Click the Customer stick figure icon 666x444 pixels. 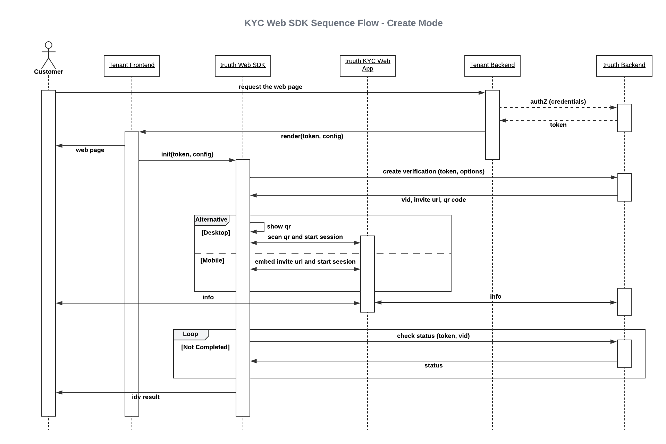click(x=49, y=55)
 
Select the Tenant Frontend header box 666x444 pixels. click(x=132, y=66)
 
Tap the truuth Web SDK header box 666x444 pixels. click(x=243, y=66)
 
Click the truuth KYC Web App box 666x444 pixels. click(x=368, y=66)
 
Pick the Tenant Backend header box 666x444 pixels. click(x=492, y=66)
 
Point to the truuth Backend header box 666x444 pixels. click(x=624, y=66)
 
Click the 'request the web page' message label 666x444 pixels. click(x=270, y=87)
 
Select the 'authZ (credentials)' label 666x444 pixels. click(x=558, y=102)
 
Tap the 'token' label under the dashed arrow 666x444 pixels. click(x=558, y=125)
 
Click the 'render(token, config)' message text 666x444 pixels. click(x=312, y=136)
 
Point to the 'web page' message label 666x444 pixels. click(x=90, y=150)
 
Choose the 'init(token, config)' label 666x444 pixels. click(x=187, y=154)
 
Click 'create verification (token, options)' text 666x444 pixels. click(x=433, y=171)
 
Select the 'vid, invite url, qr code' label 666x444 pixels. click(x=433, y=200)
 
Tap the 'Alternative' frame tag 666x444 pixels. click(x=211, y=220)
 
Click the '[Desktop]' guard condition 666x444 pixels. click(x=216, y=233)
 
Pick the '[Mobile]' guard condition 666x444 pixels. click(x=212, y=261)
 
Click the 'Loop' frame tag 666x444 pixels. click(x=191, y=334)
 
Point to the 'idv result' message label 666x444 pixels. click(x=146, y=397)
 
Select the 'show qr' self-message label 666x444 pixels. click(x=279, y=227)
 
